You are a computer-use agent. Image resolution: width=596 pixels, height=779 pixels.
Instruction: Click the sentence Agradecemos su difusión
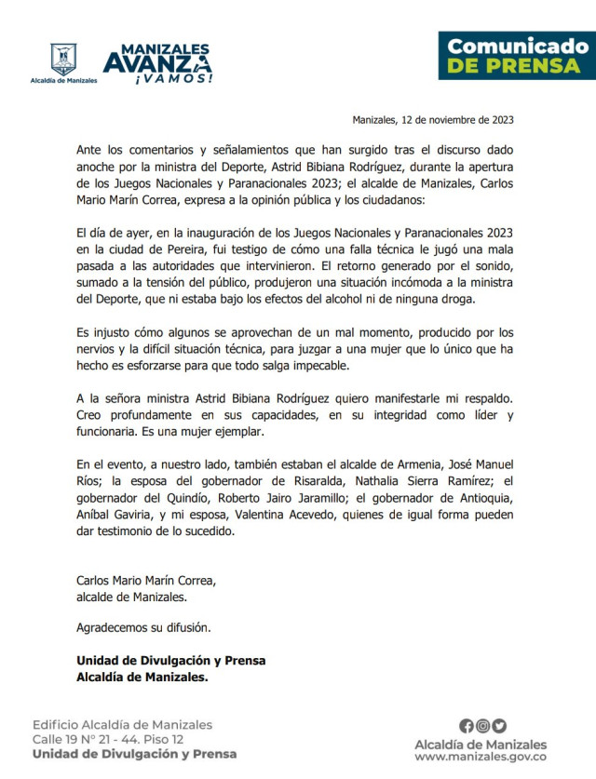coord(143,627)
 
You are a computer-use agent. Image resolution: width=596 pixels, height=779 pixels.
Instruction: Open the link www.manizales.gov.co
coord(482,759)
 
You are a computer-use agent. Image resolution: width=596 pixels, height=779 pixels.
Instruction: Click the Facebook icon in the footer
coord(467,726)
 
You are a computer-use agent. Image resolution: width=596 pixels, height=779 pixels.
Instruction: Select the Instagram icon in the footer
coord(482,726)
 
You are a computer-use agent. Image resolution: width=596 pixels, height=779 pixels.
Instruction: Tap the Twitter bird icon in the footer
coord(499,726)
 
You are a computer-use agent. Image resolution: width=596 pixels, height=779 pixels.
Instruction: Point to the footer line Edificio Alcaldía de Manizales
coord(122,724)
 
